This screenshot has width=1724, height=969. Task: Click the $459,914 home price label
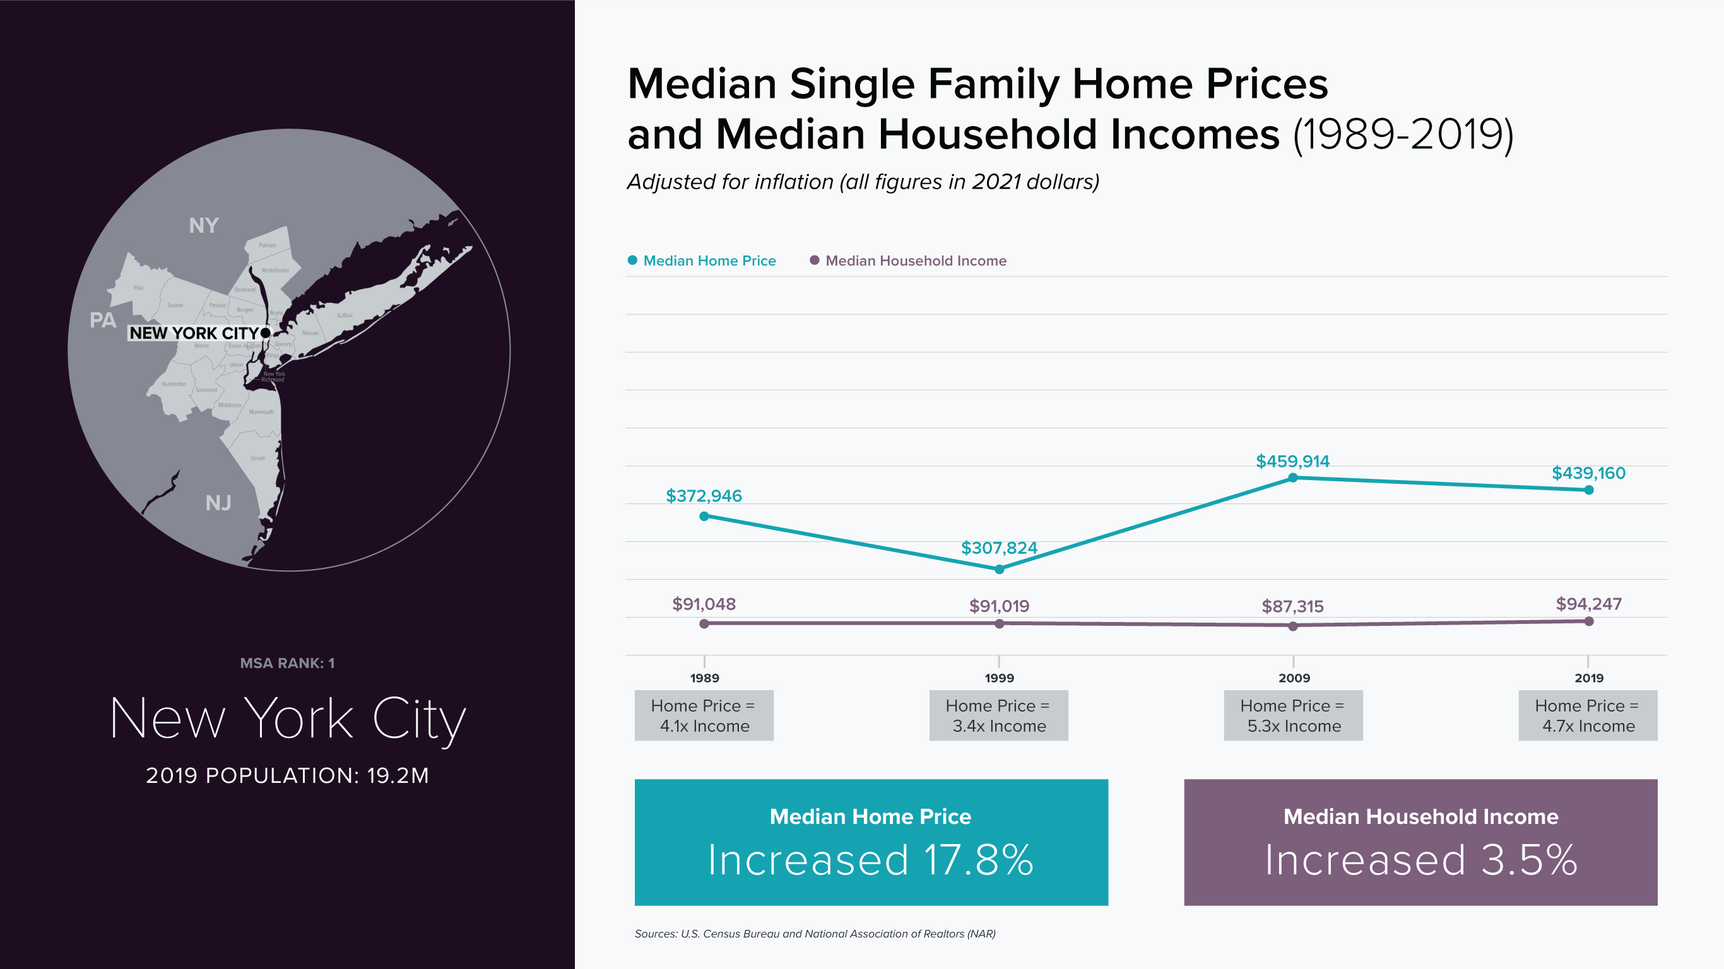point(1292,461)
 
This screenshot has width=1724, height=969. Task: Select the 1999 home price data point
point(999,570)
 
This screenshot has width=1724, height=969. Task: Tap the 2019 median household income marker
point(1589,621)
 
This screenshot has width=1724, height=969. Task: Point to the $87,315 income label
point(1292,606)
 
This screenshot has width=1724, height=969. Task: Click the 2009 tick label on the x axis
point(1294,678)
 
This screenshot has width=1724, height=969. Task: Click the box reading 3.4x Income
point(998,715)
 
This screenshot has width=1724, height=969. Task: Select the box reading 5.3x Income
point(1293,715)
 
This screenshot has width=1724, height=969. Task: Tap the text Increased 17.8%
point(871,860)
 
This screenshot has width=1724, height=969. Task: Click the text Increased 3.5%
point(1420,860)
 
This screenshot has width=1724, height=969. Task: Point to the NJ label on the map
point(218,503)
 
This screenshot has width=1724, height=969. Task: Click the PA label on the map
point(102,320)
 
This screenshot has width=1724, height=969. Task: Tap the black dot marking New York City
point(266,332)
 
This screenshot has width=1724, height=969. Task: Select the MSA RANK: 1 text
point(287,663)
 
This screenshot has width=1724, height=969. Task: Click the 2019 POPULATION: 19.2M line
point(287,775)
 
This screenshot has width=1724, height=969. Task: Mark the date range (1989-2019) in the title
point(1403,135)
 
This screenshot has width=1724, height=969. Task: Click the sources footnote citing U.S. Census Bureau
point(815,934)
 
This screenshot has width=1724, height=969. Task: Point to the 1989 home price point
point(704,517)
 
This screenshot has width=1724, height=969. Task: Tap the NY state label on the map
point(203,225)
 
